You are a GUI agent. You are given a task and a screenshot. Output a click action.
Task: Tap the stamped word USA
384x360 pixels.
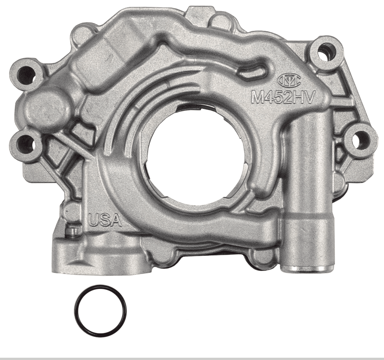pos(105,219)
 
